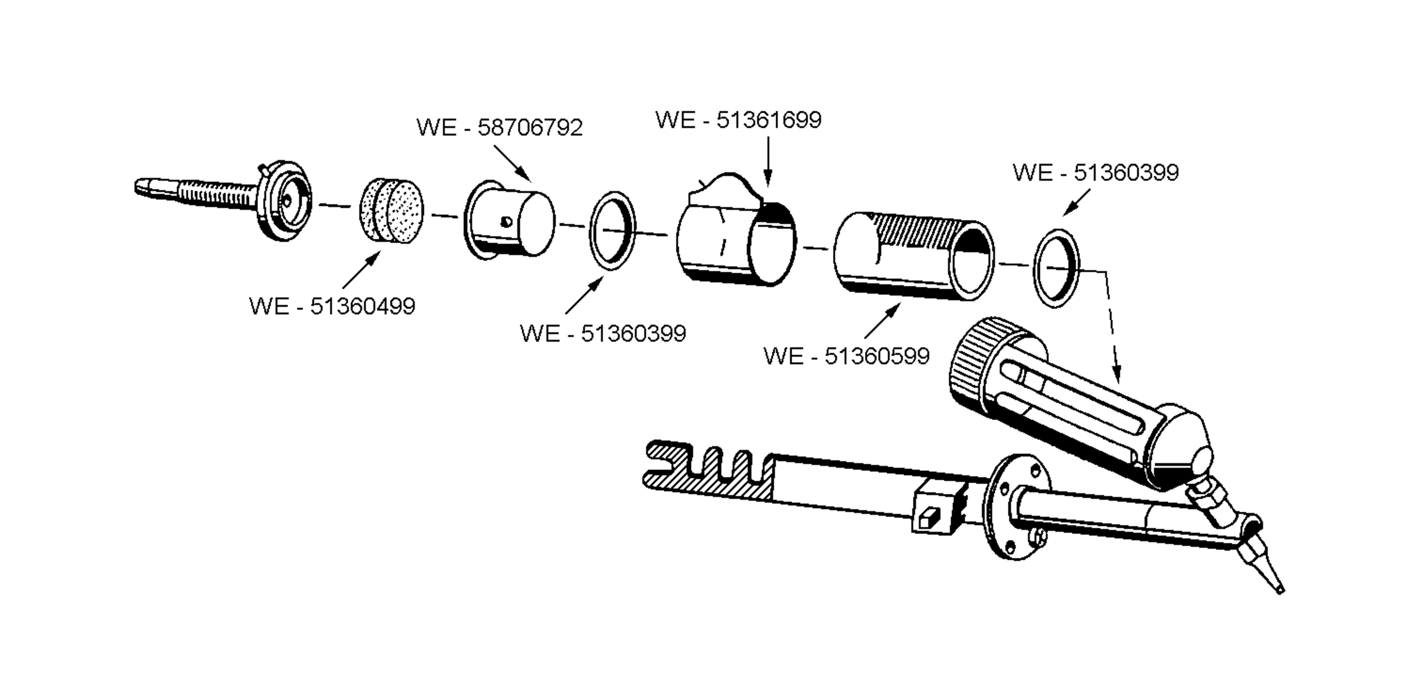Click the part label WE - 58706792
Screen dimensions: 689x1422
(499, 128)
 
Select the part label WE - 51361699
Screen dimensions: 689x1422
(738, 120)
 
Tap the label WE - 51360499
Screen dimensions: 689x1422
(332, 307)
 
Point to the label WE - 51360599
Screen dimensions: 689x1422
(846, 356)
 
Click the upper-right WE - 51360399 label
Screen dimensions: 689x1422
(1096, 173)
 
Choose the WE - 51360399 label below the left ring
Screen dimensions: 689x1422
(603, 334)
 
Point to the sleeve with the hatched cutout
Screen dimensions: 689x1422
(913, 256)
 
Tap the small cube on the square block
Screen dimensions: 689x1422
(927, 518)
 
